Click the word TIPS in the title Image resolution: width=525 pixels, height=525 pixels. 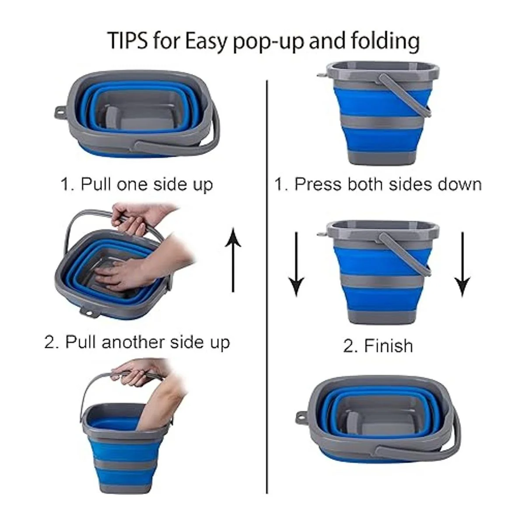[x=128, y=40]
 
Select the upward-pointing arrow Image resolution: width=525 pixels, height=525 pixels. [x=233, y=260]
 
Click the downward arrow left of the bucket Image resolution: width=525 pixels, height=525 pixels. [x=296, y=264]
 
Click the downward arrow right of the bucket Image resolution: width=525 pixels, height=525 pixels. [x=462, y=264]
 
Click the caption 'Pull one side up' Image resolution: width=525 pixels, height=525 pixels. [x=136, y=185]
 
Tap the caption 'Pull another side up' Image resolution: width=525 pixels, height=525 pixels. [x=137, y=342]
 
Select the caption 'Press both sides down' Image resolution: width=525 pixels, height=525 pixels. [x=378, y=185]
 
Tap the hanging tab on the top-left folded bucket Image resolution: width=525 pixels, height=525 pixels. [x=60, y=112]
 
